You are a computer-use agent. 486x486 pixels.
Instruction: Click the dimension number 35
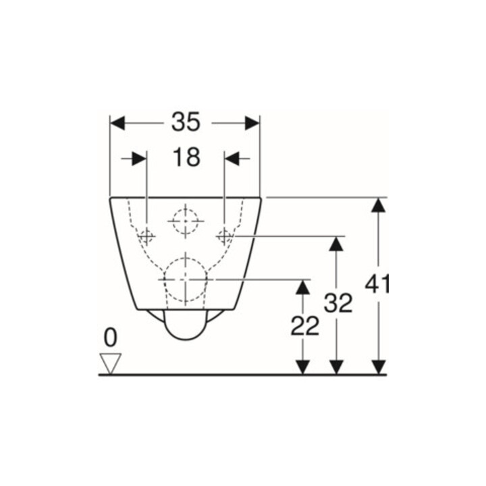pos(186,122)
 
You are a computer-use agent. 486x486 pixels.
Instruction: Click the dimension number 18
pos(186,157)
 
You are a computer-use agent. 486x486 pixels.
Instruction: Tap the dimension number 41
pos(377,284)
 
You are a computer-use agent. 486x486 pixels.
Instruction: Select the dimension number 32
pos(338,302)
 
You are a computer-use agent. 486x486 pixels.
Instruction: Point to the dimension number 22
pos(304,326)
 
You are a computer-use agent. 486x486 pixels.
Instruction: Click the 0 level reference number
pos(110,338)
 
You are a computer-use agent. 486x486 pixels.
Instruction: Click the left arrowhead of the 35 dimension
pos(117,123)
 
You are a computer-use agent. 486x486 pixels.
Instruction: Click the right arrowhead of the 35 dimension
pos(252,123)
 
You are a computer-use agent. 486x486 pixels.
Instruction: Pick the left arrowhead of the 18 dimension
pos(139,159)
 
